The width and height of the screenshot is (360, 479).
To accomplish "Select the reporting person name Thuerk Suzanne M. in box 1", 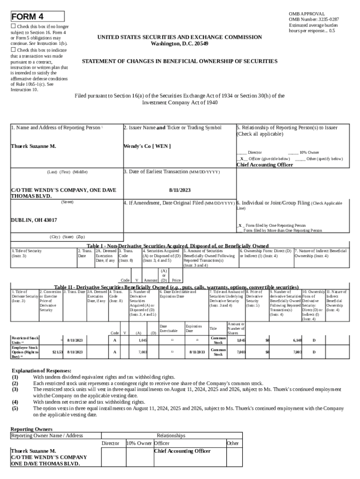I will click(x=33, y=146).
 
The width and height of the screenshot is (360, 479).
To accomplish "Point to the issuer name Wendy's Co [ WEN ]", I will click(x=147, y=146).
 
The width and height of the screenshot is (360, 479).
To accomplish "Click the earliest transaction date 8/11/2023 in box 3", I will click(x=180, y=190).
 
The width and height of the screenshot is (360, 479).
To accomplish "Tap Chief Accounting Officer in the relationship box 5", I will click(x=265, y=165).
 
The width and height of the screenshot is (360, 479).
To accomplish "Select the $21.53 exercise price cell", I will click(x=58, y=351).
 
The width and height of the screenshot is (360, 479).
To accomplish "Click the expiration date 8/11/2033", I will click(x=195, y=351).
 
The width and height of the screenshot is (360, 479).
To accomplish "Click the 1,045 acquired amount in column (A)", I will click(x=143, y=341).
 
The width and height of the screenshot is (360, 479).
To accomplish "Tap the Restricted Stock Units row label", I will click(x=25, y=340).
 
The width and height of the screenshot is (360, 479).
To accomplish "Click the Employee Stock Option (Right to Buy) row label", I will click(x=25, y=351).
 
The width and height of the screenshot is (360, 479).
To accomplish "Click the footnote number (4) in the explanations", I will click(x=15, y=402).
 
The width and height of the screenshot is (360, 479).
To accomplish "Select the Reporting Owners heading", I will click(x=31, y=429).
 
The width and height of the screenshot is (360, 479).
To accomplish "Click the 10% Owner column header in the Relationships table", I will click(x=139, y=443).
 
